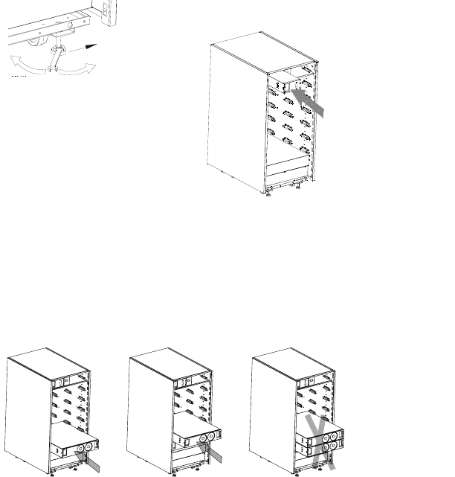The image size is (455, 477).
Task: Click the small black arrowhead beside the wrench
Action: coord(91,47)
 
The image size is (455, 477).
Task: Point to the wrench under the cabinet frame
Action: coord(57,60)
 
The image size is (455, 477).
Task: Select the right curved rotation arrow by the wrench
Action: coord(82,69)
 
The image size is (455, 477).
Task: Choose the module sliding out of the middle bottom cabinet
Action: coord(196,444)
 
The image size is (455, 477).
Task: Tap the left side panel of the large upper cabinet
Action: coord(235,112)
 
